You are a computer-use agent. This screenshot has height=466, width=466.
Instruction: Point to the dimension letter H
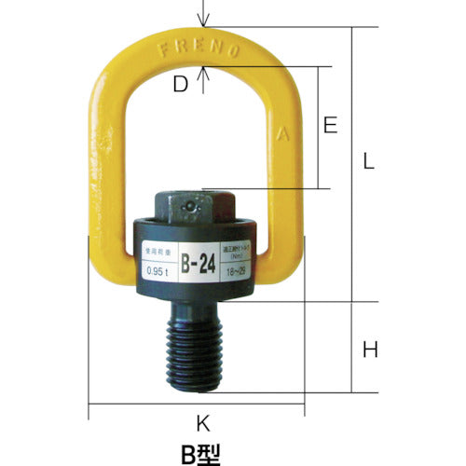pos(369,350)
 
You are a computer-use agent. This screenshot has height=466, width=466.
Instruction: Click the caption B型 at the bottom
pos(202,453)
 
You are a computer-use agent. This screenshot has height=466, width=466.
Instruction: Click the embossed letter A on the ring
pos(283,133)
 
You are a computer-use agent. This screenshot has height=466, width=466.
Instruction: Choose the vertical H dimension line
pos(351,349)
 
